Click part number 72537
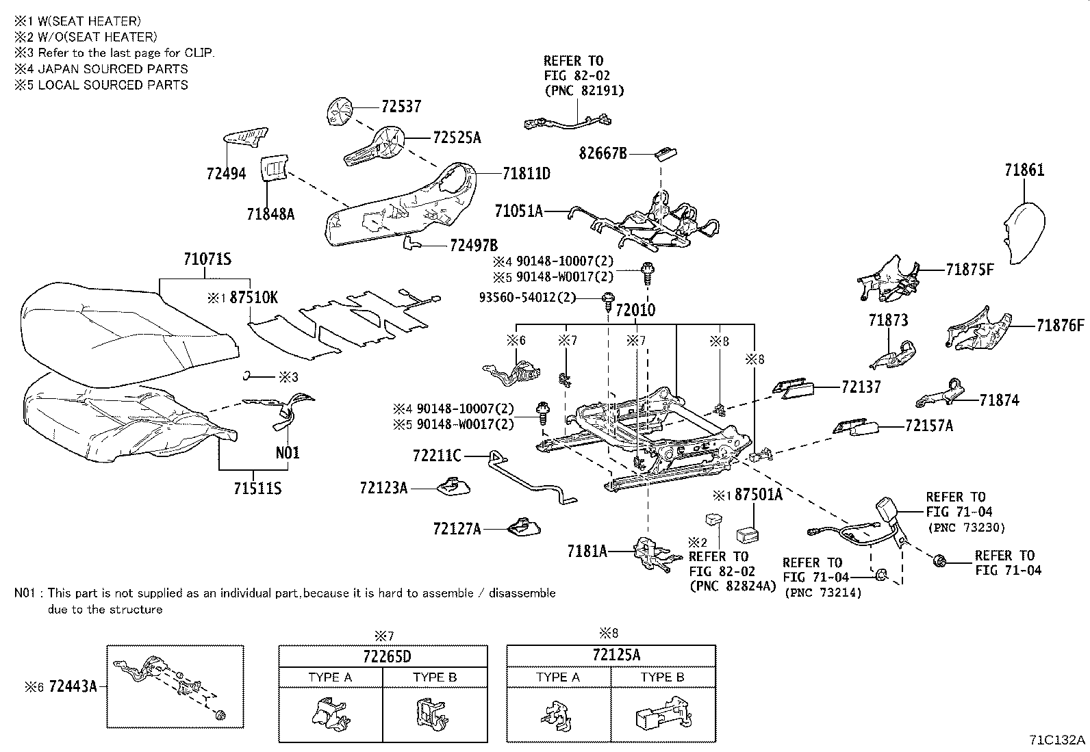pos(401,107)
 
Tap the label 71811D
pos(526,174)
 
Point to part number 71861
pos(1024,170)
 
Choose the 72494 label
pos(226,174)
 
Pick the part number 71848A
pos(270,214)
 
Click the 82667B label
pos(603,154)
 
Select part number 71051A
pos(518,211)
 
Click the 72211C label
pos(437,454)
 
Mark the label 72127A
pos(457,529)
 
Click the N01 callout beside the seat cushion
pos(288,453)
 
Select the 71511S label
pos(257,489)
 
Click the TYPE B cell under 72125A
pos(662,677)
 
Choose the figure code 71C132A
pos(1057,740)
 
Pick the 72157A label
pos(929,426)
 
